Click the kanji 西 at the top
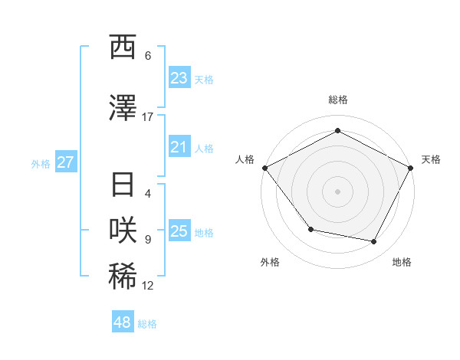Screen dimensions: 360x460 click(123, 47)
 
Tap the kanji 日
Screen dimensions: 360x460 click(123, 185)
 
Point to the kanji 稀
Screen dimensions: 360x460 click(123, 277)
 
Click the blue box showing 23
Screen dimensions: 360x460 click(179, 78)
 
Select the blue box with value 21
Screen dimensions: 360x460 click(179, 148)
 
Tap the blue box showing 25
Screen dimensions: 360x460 click(179, 232)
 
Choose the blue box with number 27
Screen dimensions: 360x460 click(65, 162)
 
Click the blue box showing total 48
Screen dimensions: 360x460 click(123, 322)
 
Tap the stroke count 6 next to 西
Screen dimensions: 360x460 click(147, 56)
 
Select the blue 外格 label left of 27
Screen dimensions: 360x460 click(41, 163)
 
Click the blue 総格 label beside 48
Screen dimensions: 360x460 click(147, 324)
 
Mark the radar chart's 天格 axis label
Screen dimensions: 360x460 click(431, 159)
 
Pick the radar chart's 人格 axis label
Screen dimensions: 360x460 click(245, 159)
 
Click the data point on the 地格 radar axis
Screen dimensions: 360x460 click(374, 242)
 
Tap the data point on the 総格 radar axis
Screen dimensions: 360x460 click(337, 130)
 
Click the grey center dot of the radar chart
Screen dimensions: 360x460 click(337, 191)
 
